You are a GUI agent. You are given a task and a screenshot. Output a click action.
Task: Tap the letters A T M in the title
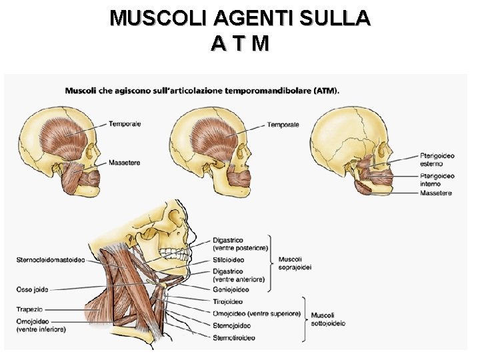click(x=240, y=44)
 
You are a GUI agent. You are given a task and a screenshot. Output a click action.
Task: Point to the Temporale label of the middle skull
click(x=283, y=125)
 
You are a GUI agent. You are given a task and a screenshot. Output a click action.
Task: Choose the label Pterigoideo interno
click(x=437, y=179)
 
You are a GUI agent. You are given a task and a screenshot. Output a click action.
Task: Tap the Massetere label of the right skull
click(x=436, y=193)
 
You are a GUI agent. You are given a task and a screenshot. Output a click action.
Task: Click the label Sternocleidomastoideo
click(x=51, y=260)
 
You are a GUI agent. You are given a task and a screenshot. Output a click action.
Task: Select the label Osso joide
click(x=32, y=289)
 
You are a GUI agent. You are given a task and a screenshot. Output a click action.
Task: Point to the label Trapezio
click(x=29, y=309)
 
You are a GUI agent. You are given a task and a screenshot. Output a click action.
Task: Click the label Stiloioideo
click(x=229, y=260)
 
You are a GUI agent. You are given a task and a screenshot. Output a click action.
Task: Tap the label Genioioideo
click(x=231, y=290)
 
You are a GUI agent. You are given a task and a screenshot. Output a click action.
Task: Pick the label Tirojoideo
click(x=228, y=302)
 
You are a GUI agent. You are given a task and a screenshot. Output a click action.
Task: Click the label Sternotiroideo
click(x=234, y=338)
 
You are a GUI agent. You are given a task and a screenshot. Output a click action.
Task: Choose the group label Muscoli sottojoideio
click(x=328, y=319)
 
